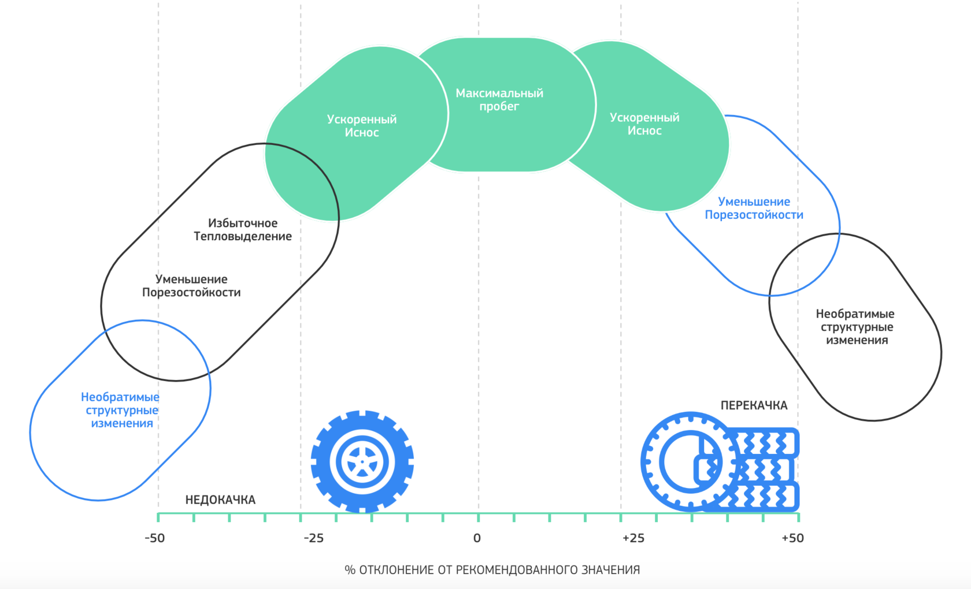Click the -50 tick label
point(154,538)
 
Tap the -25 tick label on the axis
point(313,538)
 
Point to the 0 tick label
point(477,538)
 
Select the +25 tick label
point(633,538)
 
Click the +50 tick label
point(792,538)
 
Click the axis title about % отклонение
point(492,570)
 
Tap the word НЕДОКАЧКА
point(220,500)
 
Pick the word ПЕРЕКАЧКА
point(754,406)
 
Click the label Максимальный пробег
point(499,99)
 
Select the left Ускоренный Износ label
point(362,126)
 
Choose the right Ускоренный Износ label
point(644,124)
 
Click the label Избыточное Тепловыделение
point(243,230)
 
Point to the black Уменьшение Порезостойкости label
point(191,286)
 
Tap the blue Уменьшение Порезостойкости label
point(754,208)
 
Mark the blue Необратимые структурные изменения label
point(120,410)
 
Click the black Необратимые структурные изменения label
point(855,327)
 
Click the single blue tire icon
point(362,461)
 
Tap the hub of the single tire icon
point(362,462)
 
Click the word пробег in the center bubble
point(499,106)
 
